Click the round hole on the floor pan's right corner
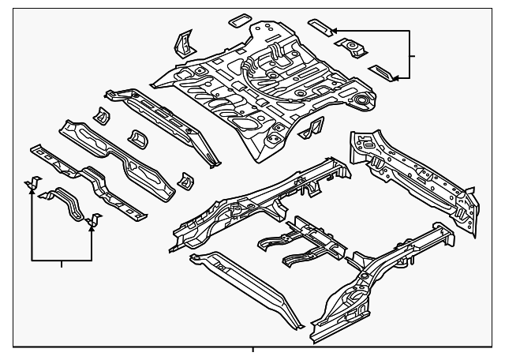pos(362,101)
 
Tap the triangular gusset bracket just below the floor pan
pos(314,126)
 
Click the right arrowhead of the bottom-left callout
pos(92,223)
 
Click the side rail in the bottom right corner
pos(371,284)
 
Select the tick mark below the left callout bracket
pos(62,264)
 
